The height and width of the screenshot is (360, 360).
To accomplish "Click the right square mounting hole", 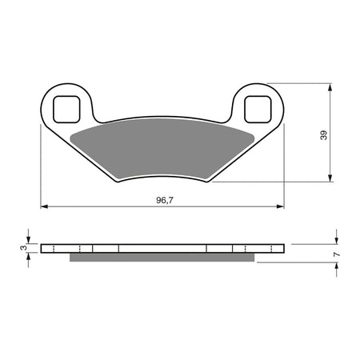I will pos(257,106).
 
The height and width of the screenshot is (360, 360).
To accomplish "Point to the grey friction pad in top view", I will pos(160,148).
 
